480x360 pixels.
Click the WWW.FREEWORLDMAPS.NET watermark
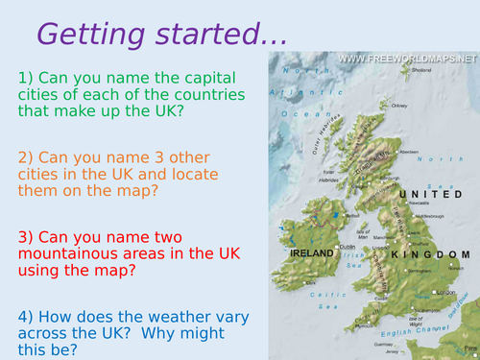click(407, 59)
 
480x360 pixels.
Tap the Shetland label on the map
click(420, 69)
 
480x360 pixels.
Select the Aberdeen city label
click(410, 152)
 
